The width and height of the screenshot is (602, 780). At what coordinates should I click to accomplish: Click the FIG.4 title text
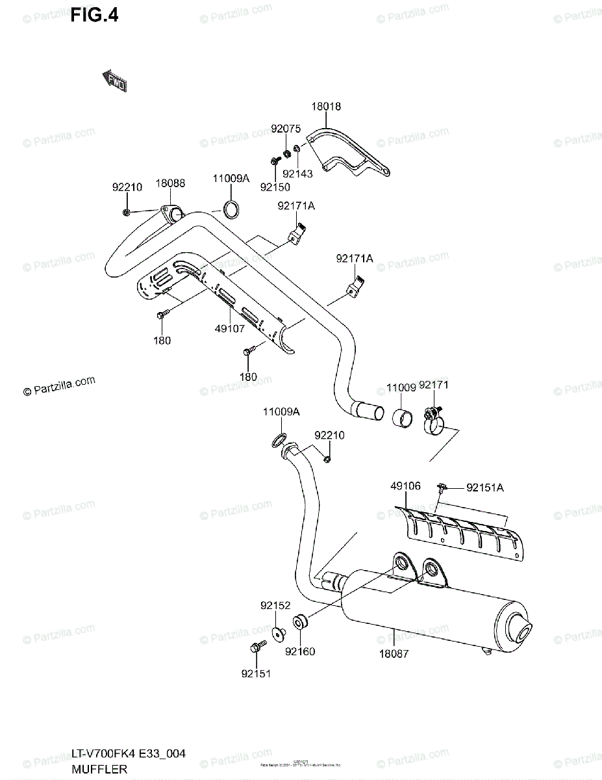tap(94, 16)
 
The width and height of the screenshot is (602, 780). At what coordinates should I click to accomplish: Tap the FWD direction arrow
tap(114, 81)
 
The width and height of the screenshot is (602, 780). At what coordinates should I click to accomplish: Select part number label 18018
tap(325, 107)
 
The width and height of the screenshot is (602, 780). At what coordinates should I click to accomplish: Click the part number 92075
tap(286, 129)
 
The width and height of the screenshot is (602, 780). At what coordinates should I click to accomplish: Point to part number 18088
tap(170, 183)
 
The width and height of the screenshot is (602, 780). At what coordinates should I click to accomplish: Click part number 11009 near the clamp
tap(401, 388)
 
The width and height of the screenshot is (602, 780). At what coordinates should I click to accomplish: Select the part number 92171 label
tap(434, 385)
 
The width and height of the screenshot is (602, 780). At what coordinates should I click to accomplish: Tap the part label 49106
tap(405, 486)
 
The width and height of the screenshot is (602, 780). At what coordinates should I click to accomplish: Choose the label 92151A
tap(484, 487)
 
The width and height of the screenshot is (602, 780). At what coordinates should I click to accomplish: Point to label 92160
tap(299, 651)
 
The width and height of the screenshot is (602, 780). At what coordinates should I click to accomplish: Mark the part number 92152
tap(275, 605)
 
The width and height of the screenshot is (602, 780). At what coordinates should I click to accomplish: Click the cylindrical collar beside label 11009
tap(402, 417)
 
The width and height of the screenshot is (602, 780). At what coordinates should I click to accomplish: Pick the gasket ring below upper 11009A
tap(231, 209)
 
